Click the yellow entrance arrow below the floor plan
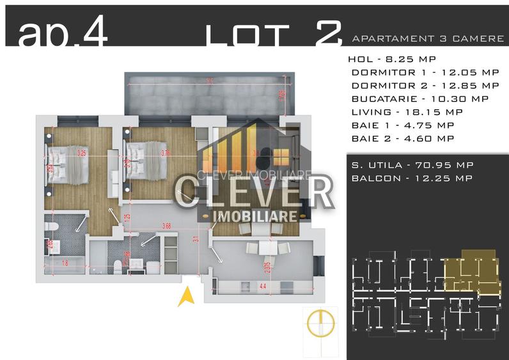(186, 297)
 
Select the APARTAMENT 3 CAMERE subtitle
(428, 39)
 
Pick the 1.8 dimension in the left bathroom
(65, 262)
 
